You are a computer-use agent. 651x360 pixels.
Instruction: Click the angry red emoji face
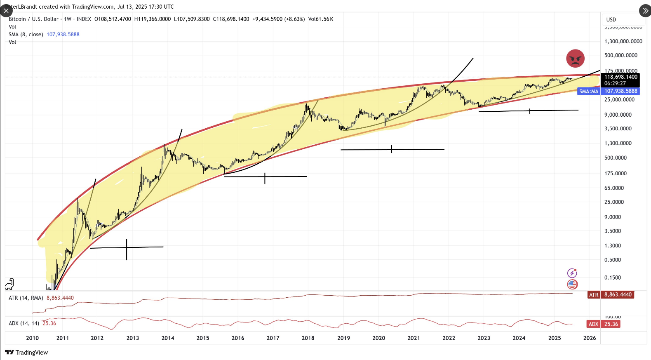click(575, 59)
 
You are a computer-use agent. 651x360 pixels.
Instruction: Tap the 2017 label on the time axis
click(273, 338)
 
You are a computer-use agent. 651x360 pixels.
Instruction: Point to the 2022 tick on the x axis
click(449, 338)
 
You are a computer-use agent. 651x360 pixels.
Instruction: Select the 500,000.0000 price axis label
click(620, 55)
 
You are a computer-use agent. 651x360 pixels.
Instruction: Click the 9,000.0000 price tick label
click(618, 115)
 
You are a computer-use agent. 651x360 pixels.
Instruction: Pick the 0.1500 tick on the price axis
click(612, 278)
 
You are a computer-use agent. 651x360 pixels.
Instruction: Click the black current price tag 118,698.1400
click(620, 77)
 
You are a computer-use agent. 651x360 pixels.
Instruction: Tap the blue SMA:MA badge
click(588, 91)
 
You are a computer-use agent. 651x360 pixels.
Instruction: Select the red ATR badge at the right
click(593, 295)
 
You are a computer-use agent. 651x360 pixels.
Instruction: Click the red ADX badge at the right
click(593, 324)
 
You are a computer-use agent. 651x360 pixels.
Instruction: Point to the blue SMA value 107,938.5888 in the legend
click(63, 35)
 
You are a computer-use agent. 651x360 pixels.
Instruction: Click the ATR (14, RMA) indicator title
click(26, 298)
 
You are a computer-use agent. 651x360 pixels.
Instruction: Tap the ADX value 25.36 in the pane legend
click(49, 323)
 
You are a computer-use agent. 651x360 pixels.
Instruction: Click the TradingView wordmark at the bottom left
click(27, 353)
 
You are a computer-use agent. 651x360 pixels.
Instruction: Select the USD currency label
click(611, 19)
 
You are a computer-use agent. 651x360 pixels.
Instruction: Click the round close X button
click(6, 11)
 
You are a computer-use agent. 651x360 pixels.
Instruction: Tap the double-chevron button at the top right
click(644, 11)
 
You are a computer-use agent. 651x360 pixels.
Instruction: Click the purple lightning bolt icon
click(572, 273)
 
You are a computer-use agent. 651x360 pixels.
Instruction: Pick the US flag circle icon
click(572, 284)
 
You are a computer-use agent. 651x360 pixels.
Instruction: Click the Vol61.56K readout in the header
click(320, 19)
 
